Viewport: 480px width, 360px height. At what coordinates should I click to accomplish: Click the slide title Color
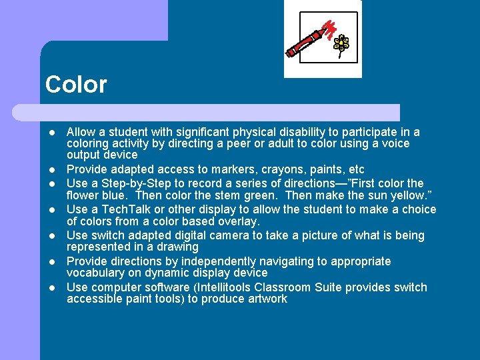(76, 85)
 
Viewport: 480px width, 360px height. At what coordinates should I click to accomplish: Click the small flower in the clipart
(341, 44)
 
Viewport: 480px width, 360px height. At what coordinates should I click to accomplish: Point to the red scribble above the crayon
(329, 29)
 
